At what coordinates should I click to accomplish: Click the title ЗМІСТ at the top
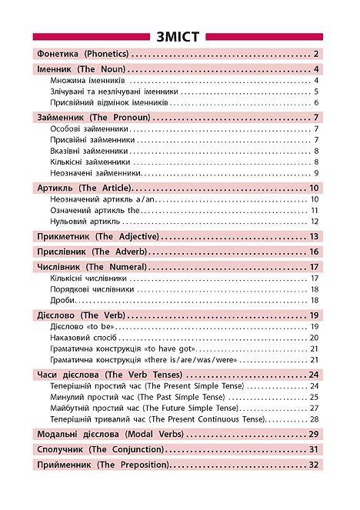[x=180, y=36]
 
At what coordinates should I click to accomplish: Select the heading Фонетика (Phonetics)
[x=82, y=54]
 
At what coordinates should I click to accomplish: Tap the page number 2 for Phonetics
[x=316, y=54]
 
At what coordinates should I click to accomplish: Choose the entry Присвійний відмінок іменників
[x=108, y=102]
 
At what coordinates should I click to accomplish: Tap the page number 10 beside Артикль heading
[x=314, y=188]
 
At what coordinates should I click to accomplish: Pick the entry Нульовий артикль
[x=85, y=222]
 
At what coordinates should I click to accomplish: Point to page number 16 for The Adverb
[x=314, y=252]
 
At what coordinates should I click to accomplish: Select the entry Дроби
[x=61, y=299]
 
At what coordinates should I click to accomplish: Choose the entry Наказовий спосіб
[x=82, y=338]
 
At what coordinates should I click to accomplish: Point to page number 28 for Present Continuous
[x=314, y=418]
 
